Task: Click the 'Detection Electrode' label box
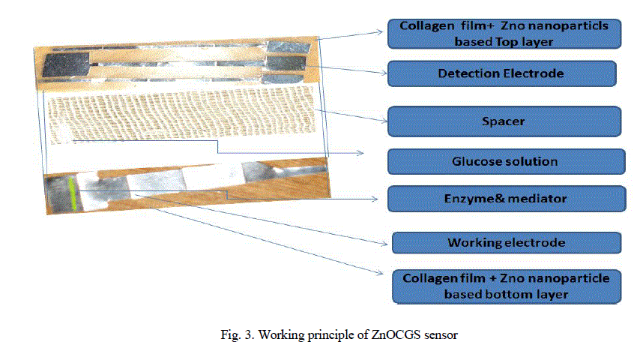pyautogui.click(x=501, y=73)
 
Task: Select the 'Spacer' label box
pyautogui.click(x=504, y=120)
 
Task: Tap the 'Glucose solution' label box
pyautogui.click(x=505, y=161)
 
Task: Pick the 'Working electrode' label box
pyautogui.click(x=506, y=243)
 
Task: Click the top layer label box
pyautogui.click(x=504, y=34)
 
